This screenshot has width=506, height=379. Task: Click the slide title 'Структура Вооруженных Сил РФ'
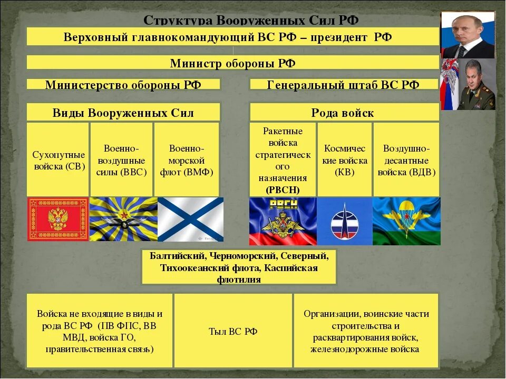click(x=251, y=20)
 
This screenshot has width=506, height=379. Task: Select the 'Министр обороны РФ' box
click(x=232, y=63)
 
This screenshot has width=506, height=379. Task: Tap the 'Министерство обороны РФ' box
click(x=123, y=85)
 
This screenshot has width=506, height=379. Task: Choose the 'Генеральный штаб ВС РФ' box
click(x=343, y=85)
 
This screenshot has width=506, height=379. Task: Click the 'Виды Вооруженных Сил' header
click(x=123, y=113)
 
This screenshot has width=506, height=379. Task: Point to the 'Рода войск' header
click(x=343, y=113)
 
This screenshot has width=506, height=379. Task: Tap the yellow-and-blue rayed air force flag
click(x=123, y=219)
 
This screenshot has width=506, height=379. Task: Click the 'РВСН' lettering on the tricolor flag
click(x=283, y=205)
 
